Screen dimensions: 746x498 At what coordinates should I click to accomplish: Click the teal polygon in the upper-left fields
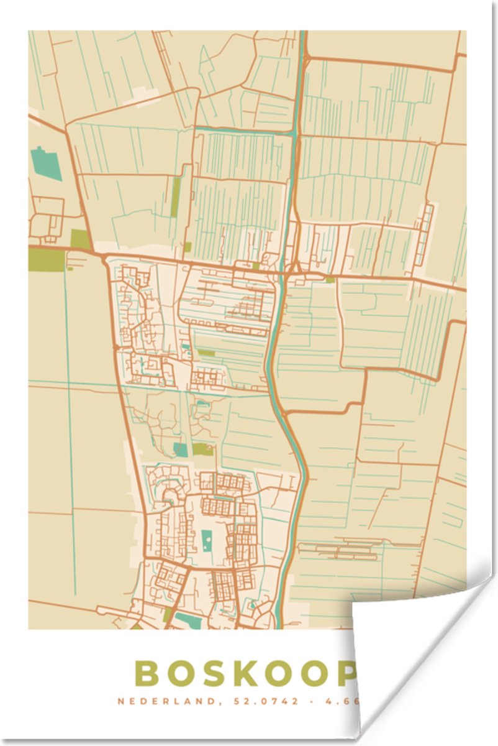coord(45,163)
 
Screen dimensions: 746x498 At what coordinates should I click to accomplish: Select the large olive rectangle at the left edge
coord(47,259)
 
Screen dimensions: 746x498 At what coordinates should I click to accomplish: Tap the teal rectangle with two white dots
coord(206,538)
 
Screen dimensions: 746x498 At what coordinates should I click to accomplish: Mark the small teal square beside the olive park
coord(180,449)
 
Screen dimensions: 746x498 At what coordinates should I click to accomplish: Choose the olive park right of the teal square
coord(202,449)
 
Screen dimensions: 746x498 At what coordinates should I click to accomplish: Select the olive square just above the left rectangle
coord(79,239)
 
